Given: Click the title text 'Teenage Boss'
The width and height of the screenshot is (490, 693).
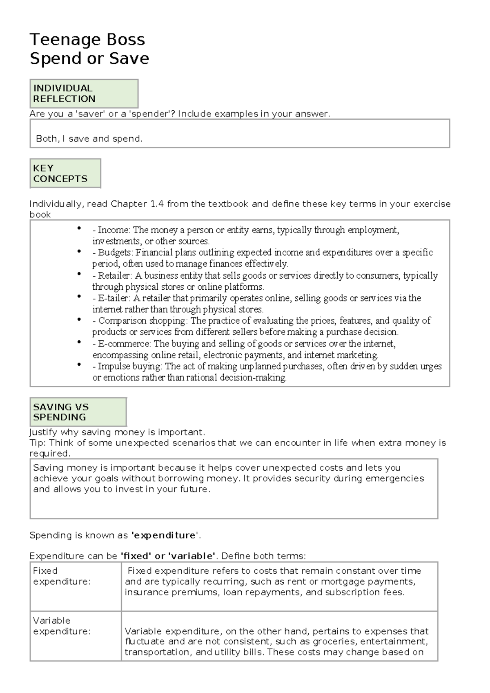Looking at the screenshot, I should point(87,40).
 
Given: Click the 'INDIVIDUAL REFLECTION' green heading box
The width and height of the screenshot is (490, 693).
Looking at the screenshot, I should point(84,94).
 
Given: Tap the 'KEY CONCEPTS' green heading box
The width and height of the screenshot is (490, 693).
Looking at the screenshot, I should point(65,173).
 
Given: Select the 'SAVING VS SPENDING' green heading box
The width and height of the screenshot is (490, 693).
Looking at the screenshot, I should point(78,412).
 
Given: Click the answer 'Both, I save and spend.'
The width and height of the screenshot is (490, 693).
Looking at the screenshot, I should point(89,139).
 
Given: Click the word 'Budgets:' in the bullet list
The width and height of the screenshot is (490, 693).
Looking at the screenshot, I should point(116,253).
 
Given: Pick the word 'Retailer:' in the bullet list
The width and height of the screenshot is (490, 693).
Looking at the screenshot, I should point(115,275).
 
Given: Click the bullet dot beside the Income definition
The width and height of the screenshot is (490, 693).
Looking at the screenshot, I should point(79,228).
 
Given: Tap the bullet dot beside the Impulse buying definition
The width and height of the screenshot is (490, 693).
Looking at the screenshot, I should point(79,364).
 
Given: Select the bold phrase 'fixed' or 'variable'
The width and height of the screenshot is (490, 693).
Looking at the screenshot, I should point(168,556).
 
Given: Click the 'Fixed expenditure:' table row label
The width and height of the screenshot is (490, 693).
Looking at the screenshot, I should point(61,576).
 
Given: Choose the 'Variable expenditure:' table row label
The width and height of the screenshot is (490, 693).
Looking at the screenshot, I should point(61,626).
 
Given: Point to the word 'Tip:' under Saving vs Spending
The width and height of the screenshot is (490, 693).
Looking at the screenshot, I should point(38,443).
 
